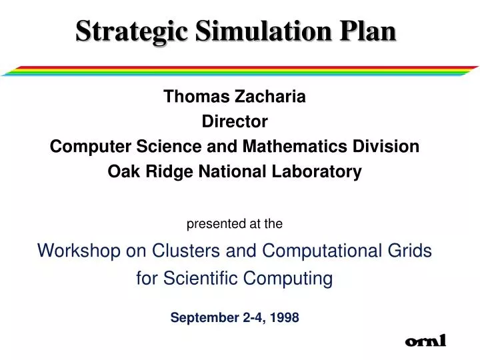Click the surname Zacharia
[271, 97]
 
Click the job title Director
[235, 122]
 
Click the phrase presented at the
[235, 225]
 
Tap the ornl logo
[425, 342]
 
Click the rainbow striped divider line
[240, 71]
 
